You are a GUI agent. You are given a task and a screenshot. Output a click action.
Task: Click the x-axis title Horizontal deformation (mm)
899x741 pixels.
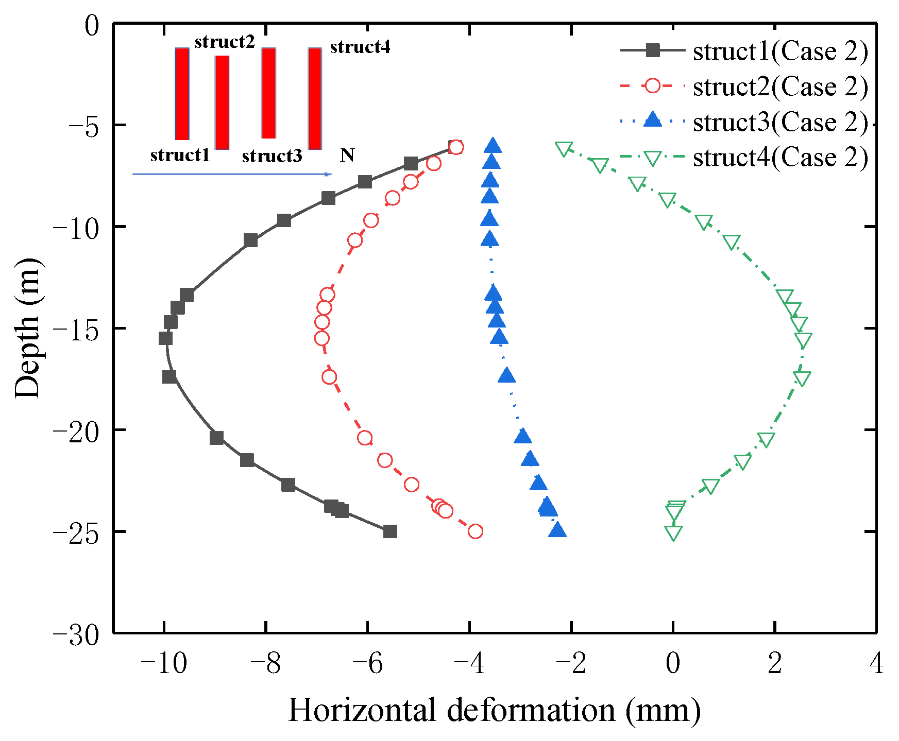coord(494,711)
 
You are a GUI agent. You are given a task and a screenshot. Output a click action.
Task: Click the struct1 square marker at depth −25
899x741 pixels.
coord(390,531)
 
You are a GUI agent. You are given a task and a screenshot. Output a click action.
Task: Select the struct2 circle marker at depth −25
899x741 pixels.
coord(475,531)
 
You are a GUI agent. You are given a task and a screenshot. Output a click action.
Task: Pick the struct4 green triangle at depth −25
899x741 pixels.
coord(673,532)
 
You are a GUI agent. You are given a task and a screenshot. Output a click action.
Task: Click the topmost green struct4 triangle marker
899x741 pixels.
coord(564,149)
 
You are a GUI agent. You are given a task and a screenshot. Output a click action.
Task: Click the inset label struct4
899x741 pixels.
coord(360,47)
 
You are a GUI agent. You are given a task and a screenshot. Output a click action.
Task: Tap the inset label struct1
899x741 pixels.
coord(180,155)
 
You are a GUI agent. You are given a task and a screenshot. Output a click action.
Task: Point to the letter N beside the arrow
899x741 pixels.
coord(347,155)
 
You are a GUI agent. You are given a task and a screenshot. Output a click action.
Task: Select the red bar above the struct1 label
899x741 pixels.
coord(182,94)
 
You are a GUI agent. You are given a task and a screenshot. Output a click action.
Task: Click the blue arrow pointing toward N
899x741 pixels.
coord(232,174)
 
